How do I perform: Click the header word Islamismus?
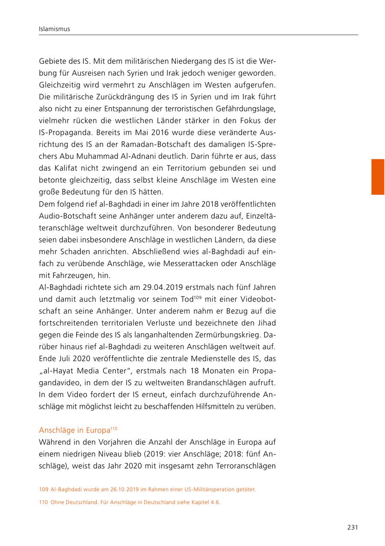coord(54,29)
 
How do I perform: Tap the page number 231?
coord(352,527)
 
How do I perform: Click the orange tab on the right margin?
coord(377,177)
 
